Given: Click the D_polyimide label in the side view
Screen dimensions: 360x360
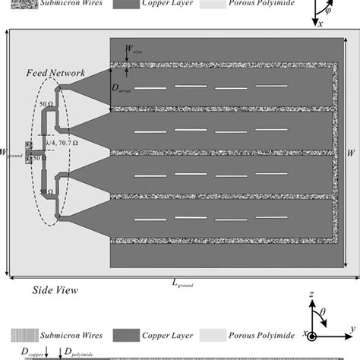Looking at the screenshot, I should pos(77,350).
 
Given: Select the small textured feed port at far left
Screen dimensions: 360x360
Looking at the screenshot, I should pos(30,150).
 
